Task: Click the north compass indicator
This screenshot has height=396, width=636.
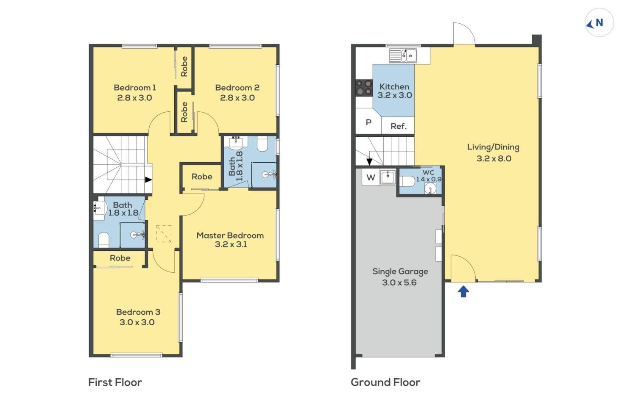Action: coord(599,23)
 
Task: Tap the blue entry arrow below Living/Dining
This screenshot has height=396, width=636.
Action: coord(463,291)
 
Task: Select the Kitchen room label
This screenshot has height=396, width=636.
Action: coord(394,86)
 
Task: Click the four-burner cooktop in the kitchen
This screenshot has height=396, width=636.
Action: coord(364,87)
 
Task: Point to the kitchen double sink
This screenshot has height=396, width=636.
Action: coord(403,55)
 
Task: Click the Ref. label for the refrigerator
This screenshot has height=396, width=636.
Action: coord(399,126)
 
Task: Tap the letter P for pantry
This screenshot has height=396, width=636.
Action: coord(368,122)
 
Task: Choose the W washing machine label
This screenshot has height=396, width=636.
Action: coord(371,177)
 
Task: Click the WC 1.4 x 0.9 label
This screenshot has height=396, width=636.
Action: coord(428,176)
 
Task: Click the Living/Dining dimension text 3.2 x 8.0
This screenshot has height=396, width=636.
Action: coord(494,158)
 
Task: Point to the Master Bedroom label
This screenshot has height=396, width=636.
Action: coord(230,235)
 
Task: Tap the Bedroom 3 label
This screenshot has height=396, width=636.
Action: coord(138,312)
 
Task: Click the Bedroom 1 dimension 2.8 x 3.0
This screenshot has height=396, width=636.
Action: coord(134,98)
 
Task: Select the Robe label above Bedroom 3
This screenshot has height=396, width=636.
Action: coord(120,258)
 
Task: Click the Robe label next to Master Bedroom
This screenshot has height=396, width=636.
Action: coord(202,177)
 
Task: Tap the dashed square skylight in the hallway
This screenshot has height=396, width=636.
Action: coord(164,234)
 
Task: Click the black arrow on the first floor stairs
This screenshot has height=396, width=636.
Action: coord(148,180)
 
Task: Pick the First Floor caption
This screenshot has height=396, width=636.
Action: coord(115,382)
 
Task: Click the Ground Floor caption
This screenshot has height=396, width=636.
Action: coord(385,382)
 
